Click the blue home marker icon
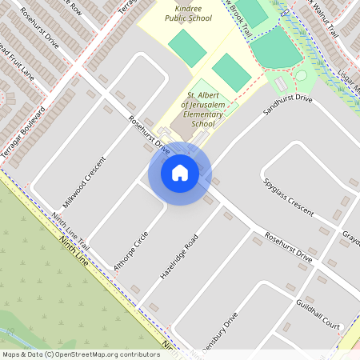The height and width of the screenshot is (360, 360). coord(180,173)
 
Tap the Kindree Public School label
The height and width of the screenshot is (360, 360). coord(189,12)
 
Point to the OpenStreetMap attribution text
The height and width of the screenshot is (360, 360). coord(81,354)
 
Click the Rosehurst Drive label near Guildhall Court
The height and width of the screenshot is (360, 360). coord(288,249)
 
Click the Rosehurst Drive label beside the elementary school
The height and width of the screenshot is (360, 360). coord(150,137)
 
